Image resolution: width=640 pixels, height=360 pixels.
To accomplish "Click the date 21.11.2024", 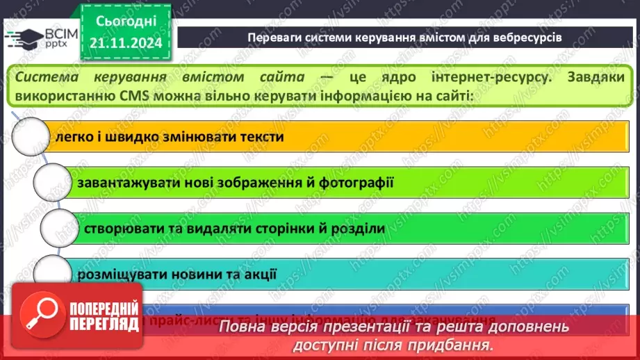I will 126,43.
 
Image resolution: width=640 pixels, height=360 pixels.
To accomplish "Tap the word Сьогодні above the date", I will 126,21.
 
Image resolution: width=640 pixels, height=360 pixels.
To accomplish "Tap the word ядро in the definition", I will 372,76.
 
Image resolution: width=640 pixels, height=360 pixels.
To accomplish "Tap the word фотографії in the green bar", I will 359,183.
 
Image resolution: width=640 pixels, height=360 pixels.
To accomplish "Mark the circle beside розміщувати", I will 51,273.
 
